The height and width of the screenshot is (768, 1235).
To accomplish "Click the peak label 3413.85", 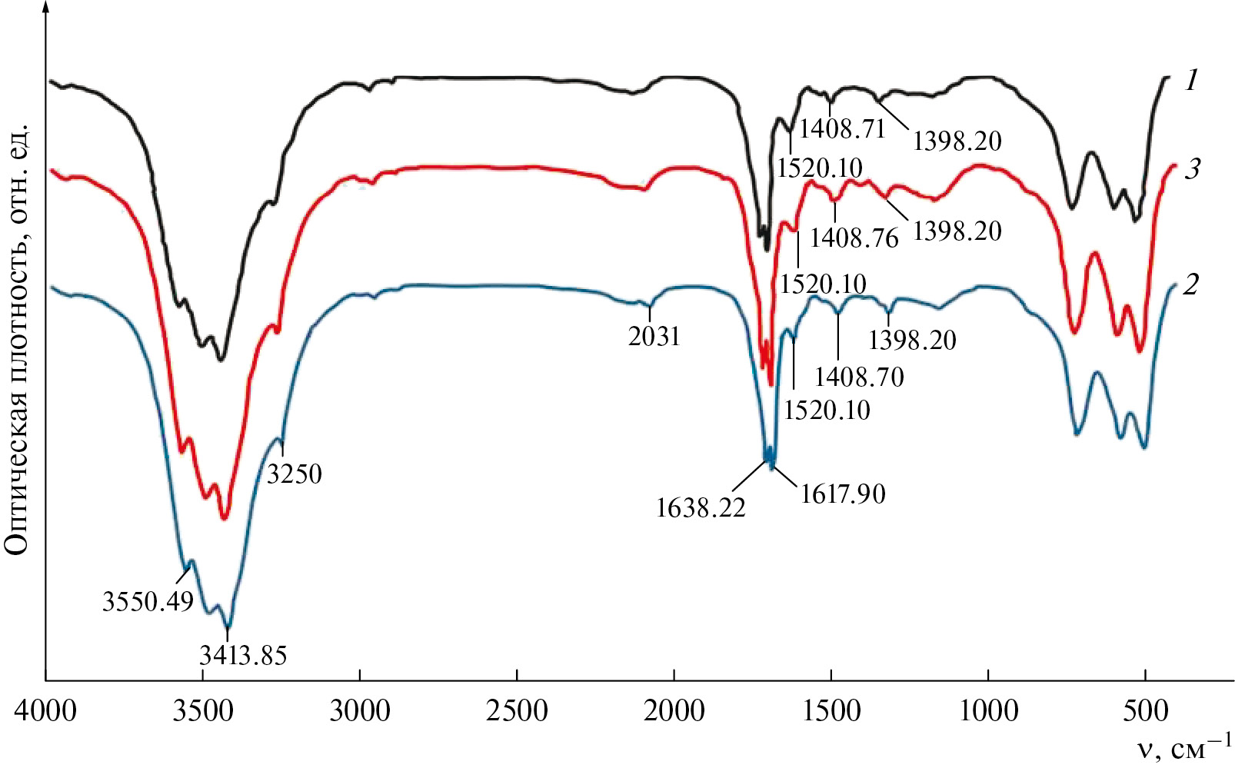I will (243, 654).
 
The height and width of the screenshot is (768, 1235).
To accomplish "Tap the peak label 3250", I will (295, 474).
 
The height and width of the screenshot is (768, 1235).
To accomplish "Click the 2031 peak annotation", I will (654, 336).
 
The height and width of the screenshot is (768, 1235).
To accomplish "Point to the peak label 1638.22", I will (701, 507).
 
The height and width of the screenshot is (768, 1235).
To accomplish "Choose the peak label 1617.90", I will (843, 493).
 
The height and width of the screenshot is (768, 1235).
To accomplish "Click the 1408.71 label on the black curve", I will (843, 128).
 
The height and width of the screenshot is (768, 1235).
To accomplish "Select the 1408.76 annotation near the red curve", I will (854, 238).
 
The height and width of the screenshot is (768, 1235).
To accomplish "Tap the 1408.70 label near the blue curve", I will (859, 376).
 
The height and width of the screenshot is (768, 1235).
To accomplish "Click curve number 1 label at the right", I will (1191, 80).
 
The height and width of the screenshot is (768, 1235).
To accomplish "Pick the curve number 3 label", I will (1191, 168).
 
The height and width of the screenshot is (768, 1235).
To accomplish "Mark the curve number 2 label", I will (1190, 284).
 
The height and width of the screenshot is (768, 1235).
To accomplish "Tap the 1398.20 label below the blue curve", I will (912, 339).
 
